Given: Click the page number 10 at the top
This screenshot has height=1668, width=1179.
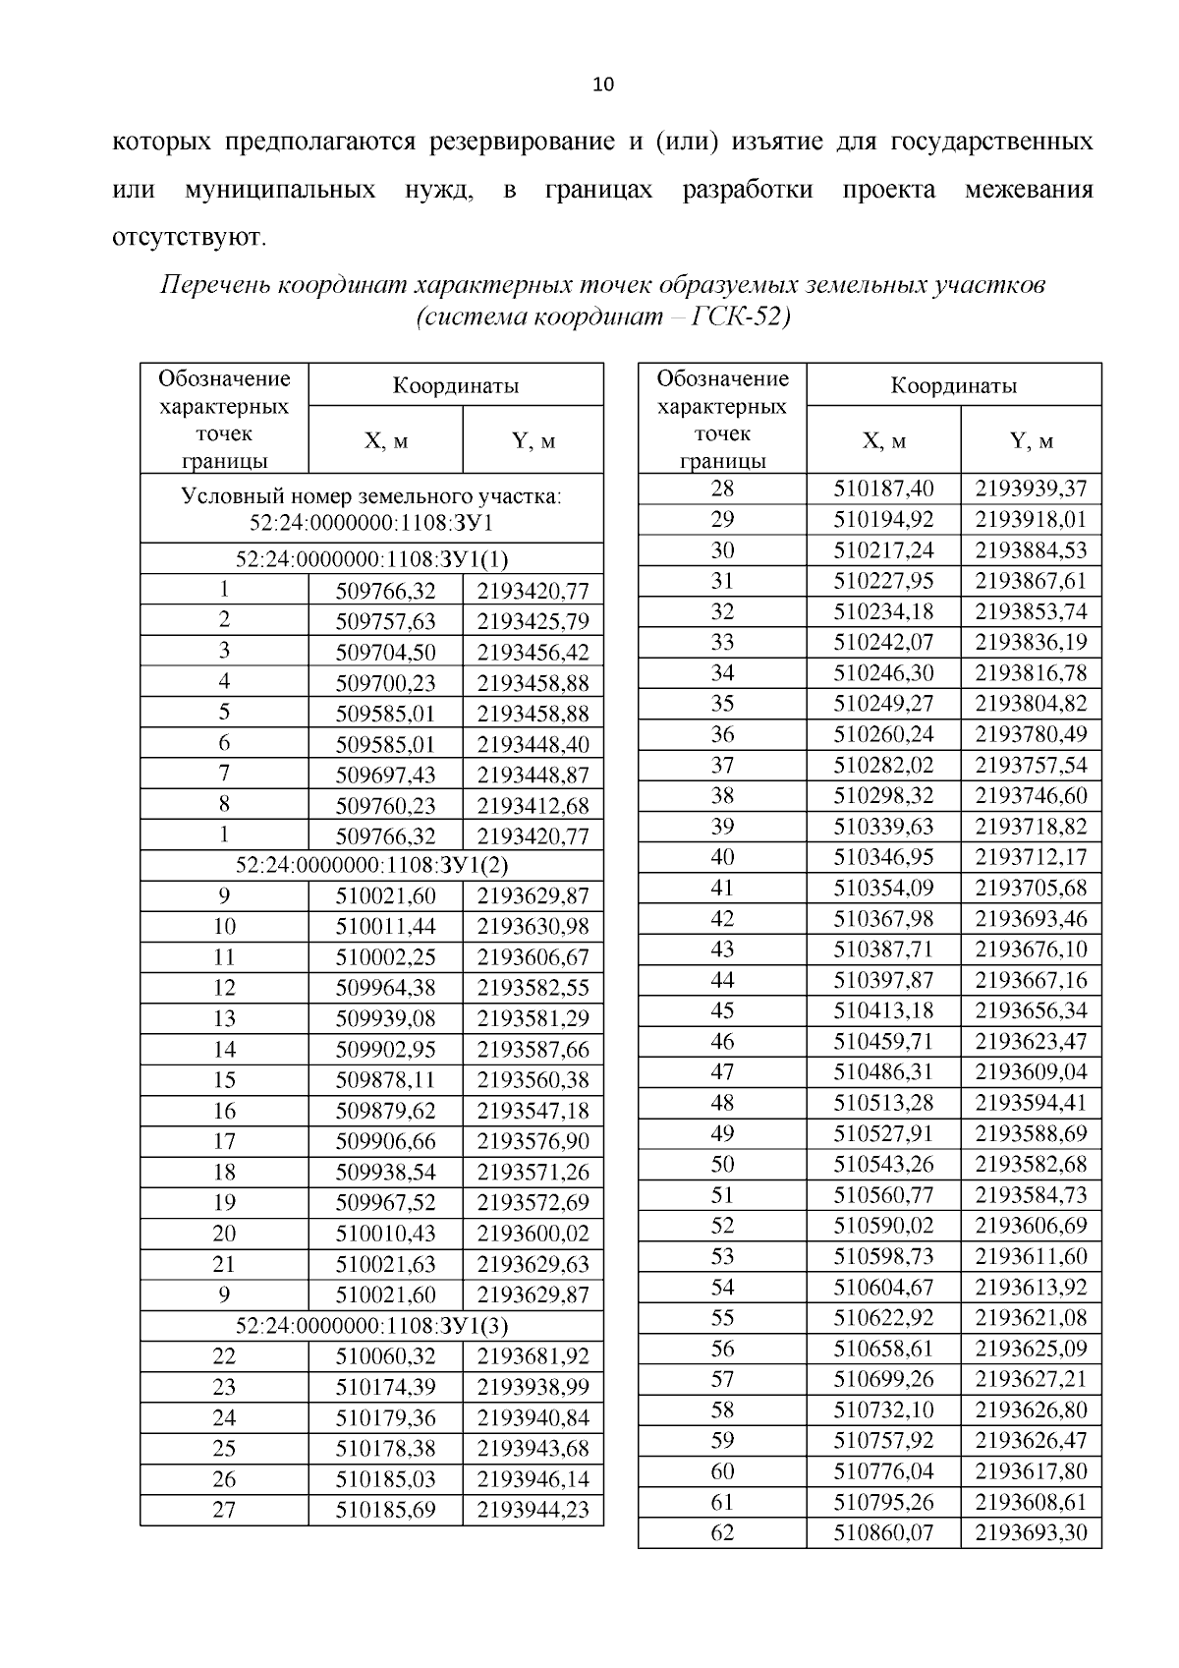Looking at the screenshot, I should (603, 85).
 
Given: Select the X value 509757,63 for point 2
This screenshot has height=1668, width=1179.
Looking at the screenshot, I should (385, 621).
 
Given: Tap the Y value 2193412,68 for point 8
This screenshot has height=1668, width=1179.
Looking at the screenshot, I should (533, 806).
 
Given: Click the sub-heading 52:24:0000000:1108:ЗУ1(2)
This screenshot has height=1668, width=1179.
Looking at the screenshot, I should (371, 865).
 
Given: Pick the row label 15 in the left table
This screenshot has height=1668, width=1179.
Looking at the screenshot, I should (224, 1080).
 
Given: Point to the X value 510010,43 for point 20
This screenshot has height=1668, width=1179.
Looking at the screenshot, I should (385, 1234).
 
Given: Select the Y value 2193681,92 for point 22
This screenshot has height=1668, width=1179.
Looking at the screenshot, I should (533, 1356).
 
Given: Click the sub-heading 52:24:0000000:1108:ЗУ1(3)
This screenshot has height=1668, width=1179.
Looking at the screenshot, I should (371, 1326).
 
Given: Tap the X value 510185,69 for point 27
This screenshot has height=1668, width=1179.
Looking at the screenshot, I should (385, 1510).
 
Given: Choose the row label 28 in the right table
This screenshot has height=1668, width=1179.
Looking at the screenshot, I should (722, 489).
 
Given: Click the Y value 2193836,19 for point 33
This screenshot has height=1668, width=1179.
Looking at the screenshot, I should (1031, 642).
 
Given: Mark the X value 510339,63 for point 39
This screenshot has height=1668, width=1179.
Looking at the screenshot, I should (883, 826).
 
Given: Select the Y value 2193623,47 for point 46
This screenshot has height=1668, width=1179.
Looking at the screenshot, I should (1031, 1041).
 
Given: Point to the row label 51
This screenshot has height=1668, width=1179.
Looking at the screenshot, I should (722, 1194).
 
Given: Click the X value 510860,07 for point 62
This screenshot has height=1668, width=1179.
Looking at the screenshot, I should (883, 1532).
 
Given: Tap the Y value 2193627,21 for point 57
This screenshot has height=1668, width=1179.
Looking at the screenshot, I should (1031, 1379).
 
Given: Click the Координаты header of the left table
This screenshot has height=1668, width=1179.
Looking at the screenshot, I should (456, 385).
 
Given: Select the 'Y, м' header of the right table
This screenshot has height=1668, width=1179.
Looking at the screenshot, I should (1031, 441).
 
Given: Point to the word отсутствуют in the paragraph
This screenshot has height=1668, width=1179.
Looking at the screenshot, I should (189, 237).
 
